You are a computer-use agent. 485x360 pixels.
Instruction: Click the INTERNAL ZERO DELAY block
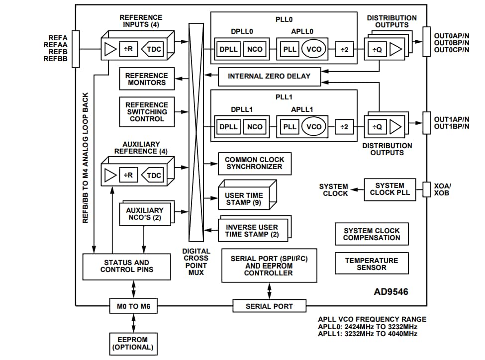click(269, 76)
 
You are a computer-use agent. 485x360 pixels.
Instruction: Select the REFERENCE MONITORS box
click(147, 79)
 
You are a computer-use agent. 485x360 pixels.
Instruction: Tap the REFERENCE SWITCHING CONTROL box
click(147, 112)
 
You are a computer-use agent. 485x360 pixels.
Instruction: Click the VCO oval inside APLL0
click(314, 49)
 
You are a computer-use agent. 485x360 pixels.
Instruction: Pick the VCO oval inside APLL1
click(314, 127)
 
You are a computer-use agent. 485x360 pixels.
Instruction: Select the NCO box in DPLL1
click(254, 127)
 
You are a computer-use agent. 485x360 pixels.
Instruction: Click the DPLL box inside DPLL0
click(228, 49)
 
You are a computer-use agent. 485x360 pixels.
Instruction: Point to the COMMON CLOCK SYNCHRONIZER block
click(254, 164)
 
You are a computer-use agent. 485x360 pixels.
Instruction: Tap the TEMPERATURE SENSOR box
click(372, 264)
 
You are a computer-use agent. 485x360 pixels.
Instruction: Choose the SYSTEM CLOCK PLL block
click(390, 189)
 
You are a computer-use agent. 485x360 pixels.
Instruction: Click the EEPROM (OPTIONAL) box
click(133, 344)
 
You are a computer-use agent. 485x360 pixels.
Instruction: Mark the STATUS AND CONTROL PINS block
click(126, 266)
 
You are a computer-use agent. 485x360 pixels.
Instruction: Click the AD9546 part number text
click(391, 292)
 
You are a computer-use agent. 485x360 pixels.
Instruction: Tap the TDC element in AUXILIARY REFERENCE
click(154, 176)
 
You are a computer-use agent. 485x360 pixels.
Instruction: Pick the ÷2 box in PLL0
click(344, 49)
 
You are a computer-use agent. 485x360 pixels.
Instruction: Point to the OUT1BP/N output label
click(451, 126)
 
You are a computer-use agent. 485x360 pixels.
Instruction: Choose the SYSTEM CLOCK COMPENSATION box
click(372, 234)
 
